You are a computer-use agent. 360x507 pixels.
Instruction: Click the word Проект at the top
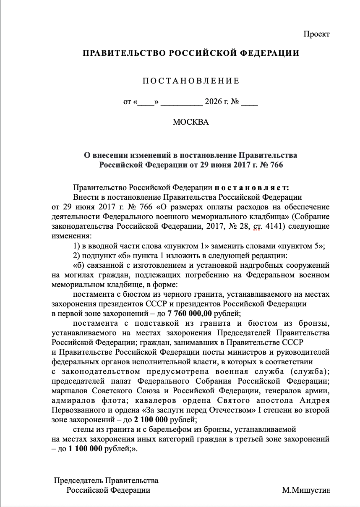tap(316, 34)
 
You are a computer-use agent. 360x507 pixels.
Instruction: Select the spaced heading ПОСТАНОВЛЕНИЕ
tap(190, 81)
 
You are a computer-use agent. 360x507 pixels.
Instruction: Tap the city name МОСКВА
tap(190, 122)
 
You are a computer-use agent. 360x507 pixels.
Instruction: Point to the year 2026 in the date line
tap(212, 102)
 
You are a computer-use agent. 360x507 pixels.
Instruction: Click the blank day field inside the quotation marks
tap(146, 102)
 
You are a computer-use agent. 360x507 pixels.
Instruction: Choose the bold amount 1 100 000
tap(86, 448)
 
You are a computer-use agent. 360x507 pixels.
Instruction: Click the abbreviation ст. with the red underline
tap(256, 227)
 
